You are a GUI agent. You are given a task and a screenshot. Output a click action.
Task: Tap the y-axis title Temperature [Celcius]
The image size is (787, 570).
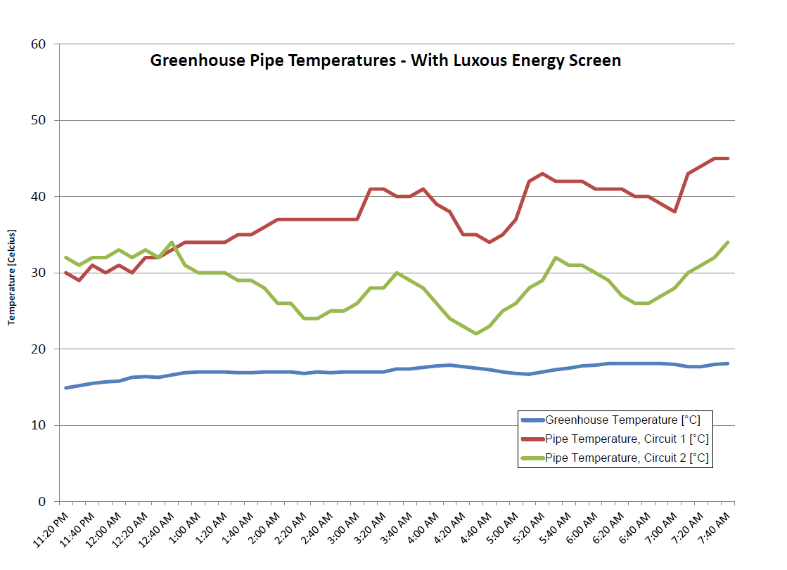[12, 277]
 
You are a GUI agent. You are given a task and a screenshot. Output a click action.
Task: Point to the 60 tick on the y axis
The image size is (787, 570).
[39, 44]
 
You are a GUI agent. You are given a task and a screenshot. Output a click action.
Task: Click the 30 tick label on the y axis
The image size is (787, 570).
[39, 273]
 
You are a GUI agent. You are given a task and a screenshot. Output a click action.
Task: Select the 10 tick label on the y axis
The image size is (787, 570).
[39, 425]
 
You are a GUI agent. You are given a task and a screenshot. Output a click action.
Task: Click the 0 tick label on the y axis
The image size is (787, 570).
[42, 502]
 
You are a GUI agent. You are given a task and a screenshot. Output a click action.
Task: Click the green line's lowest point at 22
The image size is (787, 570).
[476, 334]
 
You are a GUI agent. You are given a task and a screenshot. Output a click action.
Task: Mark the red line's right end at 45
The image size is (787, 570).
[727, 158]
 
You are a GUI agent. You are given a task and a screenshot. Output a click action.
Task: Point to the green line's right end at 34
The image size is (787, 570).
[727, 242]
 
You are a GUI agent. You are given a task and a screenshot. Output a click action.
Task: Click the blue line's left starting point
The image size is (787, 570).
[65, 388]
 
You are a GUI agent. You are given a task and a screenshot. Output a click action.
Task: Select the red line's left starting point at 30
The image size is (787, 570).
[65, 273]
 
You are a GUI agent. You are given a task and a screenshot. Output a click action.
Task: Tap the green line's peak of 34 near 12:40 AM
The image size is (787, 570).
[172, 242]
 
